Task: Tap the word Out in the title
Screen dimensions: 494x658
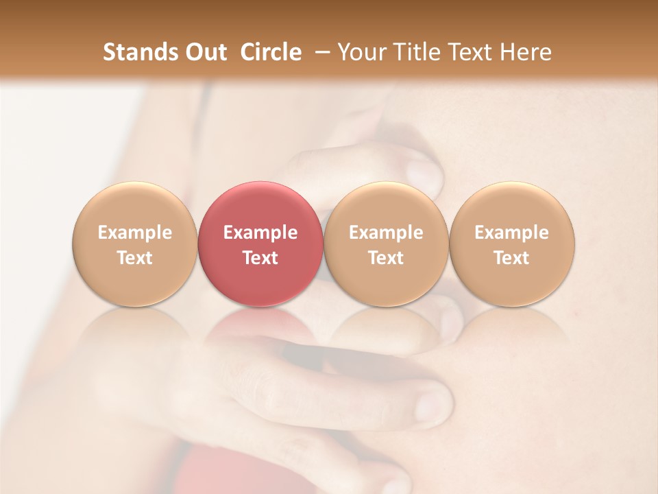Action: click(x=205, y=52)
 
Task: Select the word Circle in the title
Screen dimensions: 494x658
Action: click(x=271, y=52)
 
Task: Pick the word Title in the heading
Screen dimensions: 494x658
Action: click(x=415, y=52)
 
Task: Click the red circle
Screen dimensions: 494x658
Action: click(x=260, y=206)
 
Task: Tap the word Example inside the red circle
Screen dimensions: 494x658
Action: click(x=260, y=233)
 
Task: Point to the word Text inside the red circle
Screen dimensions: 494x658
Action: click(x=260, y=258)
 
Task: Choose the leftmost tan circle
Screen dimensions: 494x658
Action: click(x=134, y=206)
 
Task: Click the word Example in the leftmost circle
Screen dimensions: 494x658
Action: click(x=135, y=233)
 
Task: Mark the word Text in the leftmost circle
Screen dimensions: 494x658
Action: click(x=135, y=258)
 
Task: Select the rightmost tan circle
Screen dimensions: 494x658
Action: click(x=511, y=206)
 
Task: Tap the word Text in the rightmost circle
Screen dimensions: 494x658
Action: click(x=511, y=258)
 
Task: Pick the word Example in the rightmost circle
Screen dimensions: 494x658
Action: click(x=511, y=233)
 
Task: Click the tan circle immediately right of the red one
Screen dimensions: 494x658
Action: click(x=386, y=206)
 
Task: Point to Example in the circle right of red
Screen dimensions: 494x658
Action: click(x=386, y=233)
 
